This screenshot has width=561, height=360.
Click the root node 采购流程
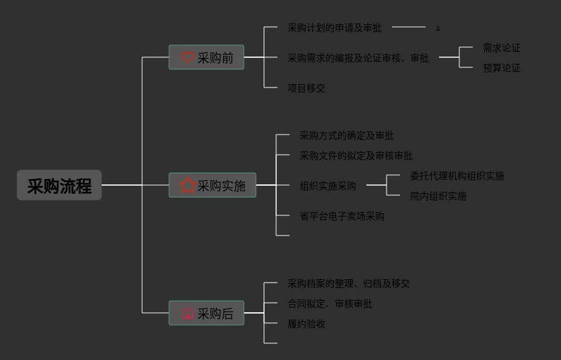coord(59,186)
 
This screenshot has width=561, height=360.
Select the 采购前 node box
coord(206,58)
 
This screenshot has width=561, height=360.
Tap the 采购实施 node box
coord(212,185)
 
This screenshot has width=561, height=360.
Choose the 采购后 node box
coord(206,314)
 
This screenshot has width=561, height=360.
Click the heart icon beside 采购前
coord(188,58)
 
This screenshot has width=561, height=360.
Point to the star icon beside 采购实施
coord(188,185)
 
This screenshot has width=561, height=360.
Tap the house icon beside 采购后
coord(188,314)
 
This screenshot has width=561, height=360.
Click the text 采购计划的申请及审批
coord(334,28)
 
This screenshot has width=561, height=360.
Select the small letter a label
coord(438,28)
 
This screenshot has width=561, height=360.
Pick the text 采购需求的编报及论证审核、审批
coord(358,58)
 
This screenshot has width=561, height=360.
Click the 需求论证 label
coord(501,48)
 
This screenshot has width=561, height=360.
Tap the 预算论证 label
coord(501,68)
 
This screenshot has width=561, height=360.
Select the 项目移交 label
coord(306,88)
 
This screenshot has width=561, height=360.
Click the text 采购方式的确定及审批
coord(346,135)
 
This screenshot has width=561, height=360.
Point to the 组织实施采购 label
coord(327,186)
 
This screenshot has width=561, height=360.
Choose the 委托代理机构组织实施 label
coord(457,176)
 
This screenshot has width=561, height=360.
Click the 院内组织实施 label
coord(438,196)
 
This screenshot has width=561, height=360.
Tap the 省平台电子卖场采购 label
coord(341,216)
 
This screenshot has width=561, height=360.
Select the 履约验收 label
coord(306,324)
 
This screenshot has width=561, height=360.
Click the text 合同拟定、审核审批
coord(329,303)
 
